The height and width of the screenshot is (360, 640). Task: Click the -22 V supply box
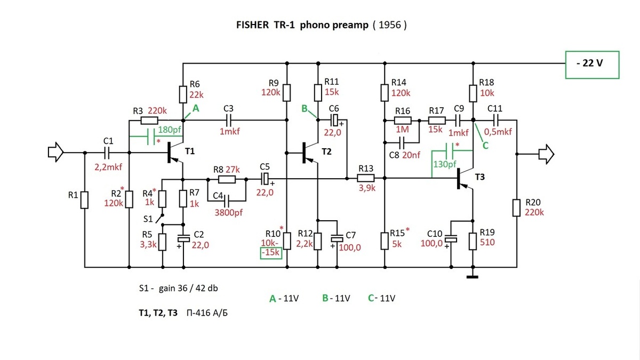592,65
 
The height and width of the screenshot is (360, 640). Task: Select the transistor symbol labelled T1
175,153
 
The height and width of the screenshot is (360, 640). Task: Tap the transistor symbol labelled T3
465,179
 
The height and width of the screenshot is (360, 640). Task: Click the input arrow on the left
55,153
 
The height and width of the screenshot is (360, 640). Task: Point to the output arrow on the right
546,154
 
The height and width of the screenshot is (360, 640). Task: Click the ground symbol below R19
473,277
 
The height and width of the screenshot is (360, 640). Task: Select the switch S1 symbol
159,219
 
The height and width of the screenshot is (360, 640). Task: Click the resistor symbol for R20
516,208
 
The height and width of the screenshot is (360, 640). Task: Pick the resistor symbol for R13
366,179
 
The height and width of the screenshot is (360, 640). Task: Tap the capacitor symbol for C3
228,121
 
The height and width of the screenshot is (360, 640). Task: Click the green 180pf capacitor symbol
151,137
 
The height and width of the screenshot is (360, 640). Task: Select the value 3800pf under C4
229,213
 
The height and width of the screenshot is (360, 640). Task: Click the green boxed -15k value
271,253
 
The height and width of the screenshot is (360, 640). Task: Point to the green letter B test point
305,109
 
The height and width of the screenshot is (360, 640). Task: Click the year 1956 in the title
390,25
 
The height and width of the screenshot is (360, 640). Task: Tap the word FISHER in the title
252,25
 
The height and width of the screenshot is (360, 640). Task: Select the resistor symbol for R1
84,200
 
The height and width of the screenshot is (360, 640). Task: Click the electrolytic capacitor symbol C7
337,238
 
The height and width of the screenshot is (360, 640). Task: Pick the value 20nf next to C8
411,155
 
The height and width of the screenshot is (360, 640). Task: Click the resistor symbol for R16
403,121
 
